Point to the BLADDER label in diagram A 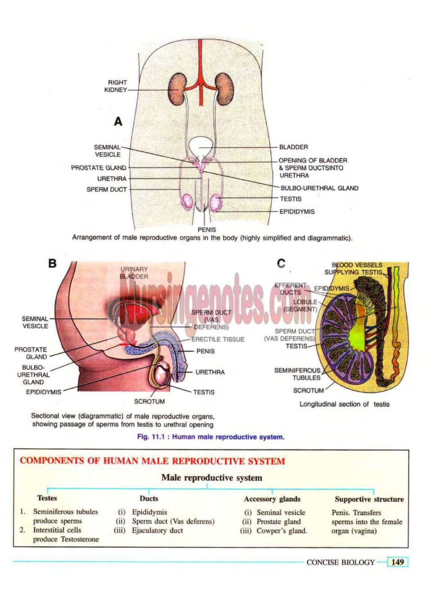coord(294,147)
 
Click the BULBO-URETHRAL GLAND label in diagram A coord(319,188)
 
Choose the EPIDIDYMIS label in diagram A coord(297,212)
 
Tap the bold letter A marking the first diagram coord(118,122)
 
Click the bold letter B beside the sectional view coord(52,264)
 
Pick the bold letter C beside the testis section coord(281,263)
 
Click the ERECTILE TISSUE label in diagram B coord(218,339)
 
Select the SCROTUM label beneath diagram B coord(149,401)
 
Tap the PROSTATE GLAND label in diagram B coord(31,353)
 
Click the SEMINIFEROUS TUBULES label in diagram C coord(297,374)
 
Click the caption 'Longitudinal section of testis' coord(344,404)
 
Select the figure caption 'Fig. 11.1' coord(211,437)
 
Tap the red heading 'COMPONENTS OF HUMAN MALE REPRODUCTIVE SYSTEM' coord(152,461)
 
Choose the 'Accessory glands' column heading coord(272,499)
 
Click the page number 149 coord(397,562)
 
